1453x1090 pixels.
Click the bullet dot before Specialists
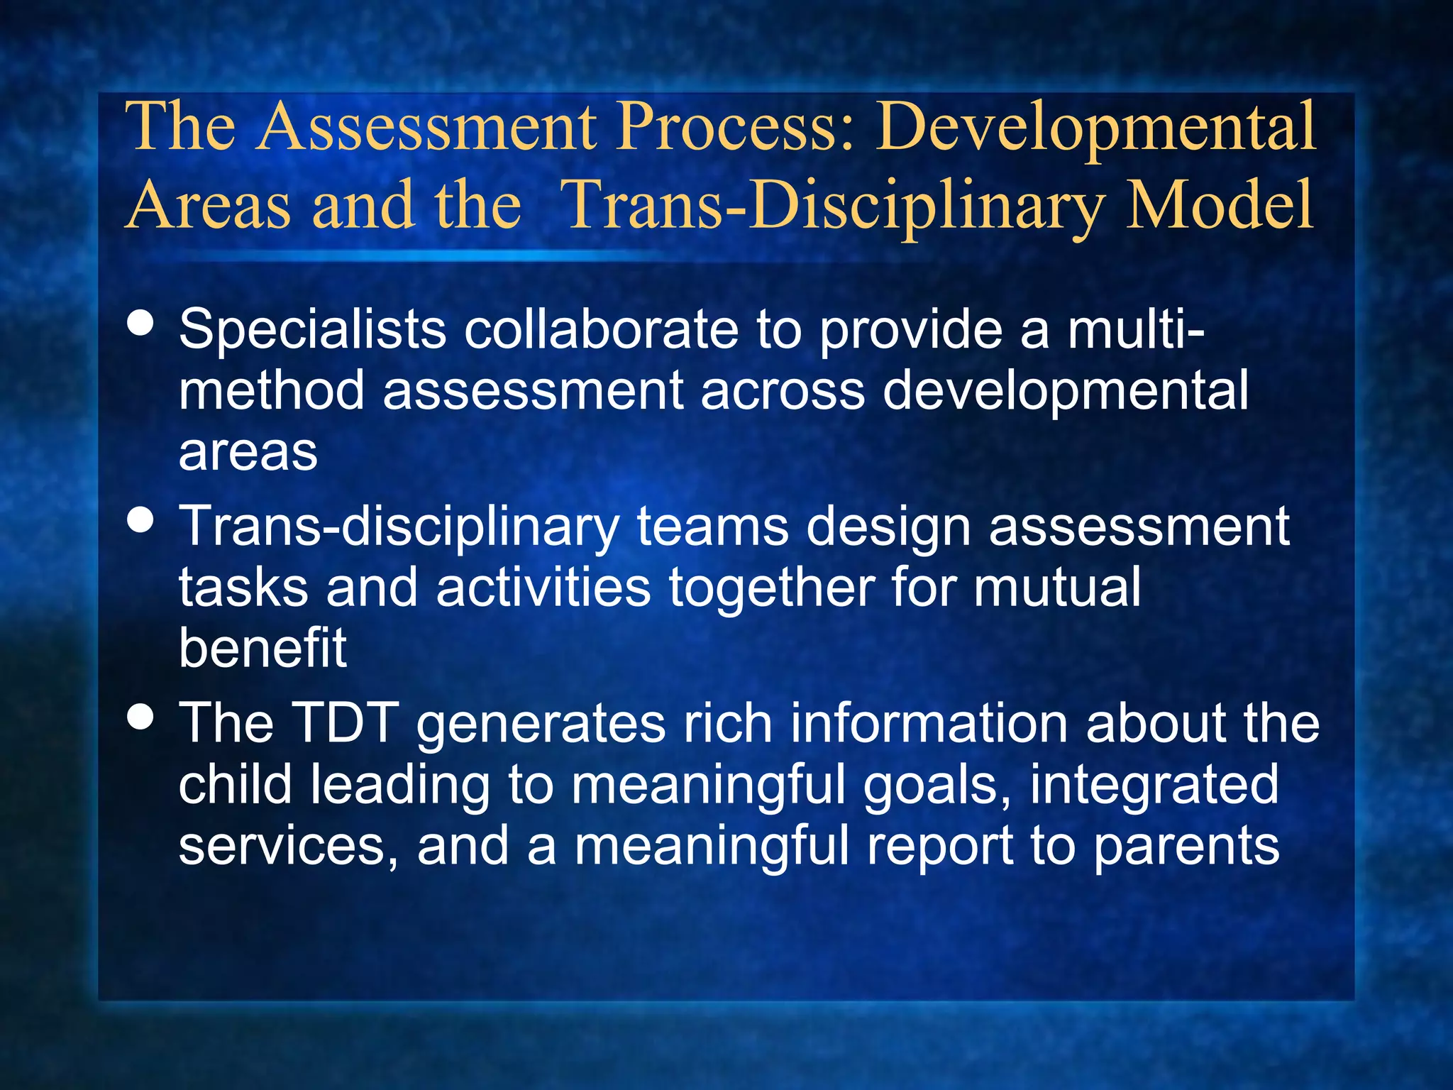tap(141, 322)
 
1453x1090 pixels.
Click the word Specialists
tap(312, 331)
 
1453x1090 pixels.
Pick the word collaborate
tap(601, 329)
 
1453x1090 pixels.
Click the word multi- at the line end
tap(1136, 329)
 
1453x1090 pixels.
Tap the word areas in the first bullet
tap(248, 453)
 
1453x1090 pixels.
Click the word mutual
tap(1057, 588)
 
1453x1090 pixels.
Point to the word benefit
tap(263, 647)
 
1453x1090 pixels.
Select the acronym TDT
tap(346, 723)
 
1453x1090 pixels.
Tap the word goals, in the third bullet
tap(937, 786)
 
